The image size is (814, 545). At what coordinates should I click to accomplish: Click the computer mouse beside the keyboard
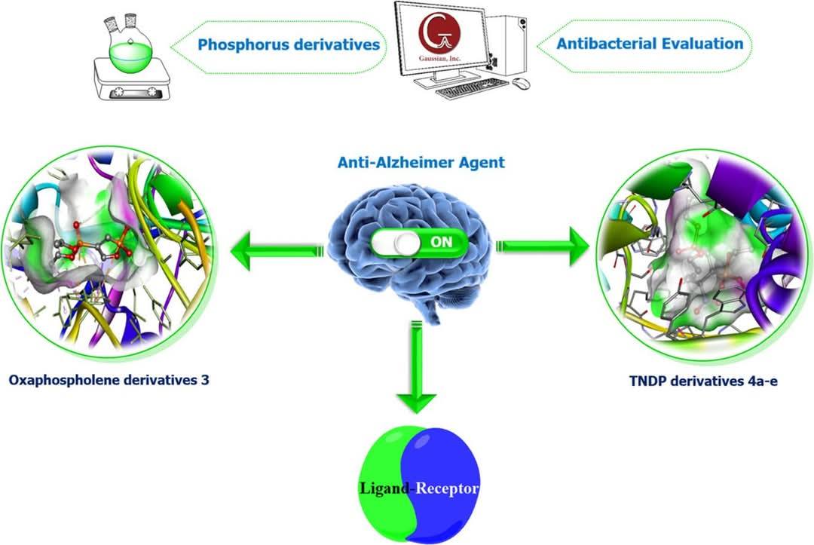(521, 82)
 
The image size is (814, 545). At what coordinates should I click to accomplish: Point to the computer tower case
(506, 47)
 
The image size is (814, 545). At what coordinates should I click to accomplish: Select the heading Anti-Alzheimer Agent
(421, 163)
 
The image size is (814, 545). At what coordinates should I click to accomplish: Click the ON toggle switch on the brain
(419, 243)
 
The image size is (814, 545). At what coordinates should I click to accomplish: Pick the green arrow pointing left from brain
(277, 250)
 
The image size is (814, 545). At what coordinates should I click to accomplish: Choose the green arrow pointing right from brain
(543, 246)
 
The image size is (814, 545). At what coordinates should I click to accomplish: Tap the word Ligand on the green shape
(384, 488)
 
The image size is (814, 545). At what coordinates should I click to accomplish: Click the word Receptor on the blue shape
(446, 488)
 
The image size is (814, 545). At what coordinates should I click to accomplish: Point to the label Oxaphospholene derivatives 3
(109, 380)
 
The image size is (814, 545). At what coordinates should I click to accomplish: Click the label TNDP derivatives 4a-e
(703, 381)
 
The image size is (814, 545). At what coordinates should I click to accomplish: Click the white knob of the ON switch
(406, 243)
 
